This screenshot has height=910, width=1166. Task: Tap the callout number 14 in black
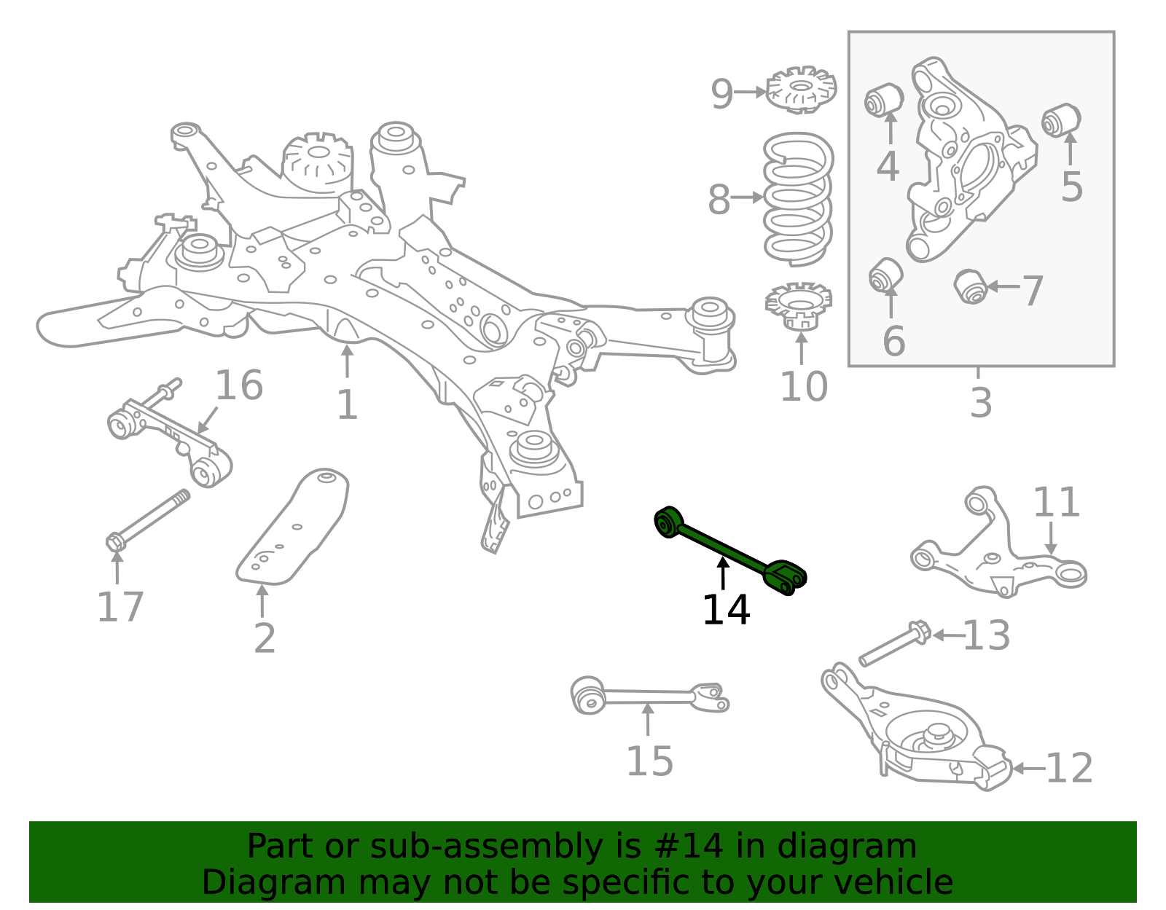tap(726, 611)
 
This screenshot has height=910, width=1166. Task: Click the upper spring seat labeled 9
tap(801, 91)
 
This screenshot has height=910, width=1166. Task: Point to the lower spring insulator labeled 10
tap(799, 306)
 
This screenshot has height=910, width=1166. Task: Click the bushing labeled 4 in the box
tap(883, 100)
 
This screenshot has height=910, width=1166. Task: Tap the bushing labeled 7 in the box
tap(970, 286)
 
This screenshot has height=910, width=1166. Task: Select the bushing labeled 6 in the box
tap(885, 275)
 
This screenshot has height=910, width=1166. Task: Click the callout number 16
tap(238, 386)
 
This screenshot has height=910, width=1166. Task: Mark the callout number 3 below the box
tap(980, 403)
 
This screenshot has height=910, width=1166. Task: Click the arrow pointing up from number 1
tap(348, 361)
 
